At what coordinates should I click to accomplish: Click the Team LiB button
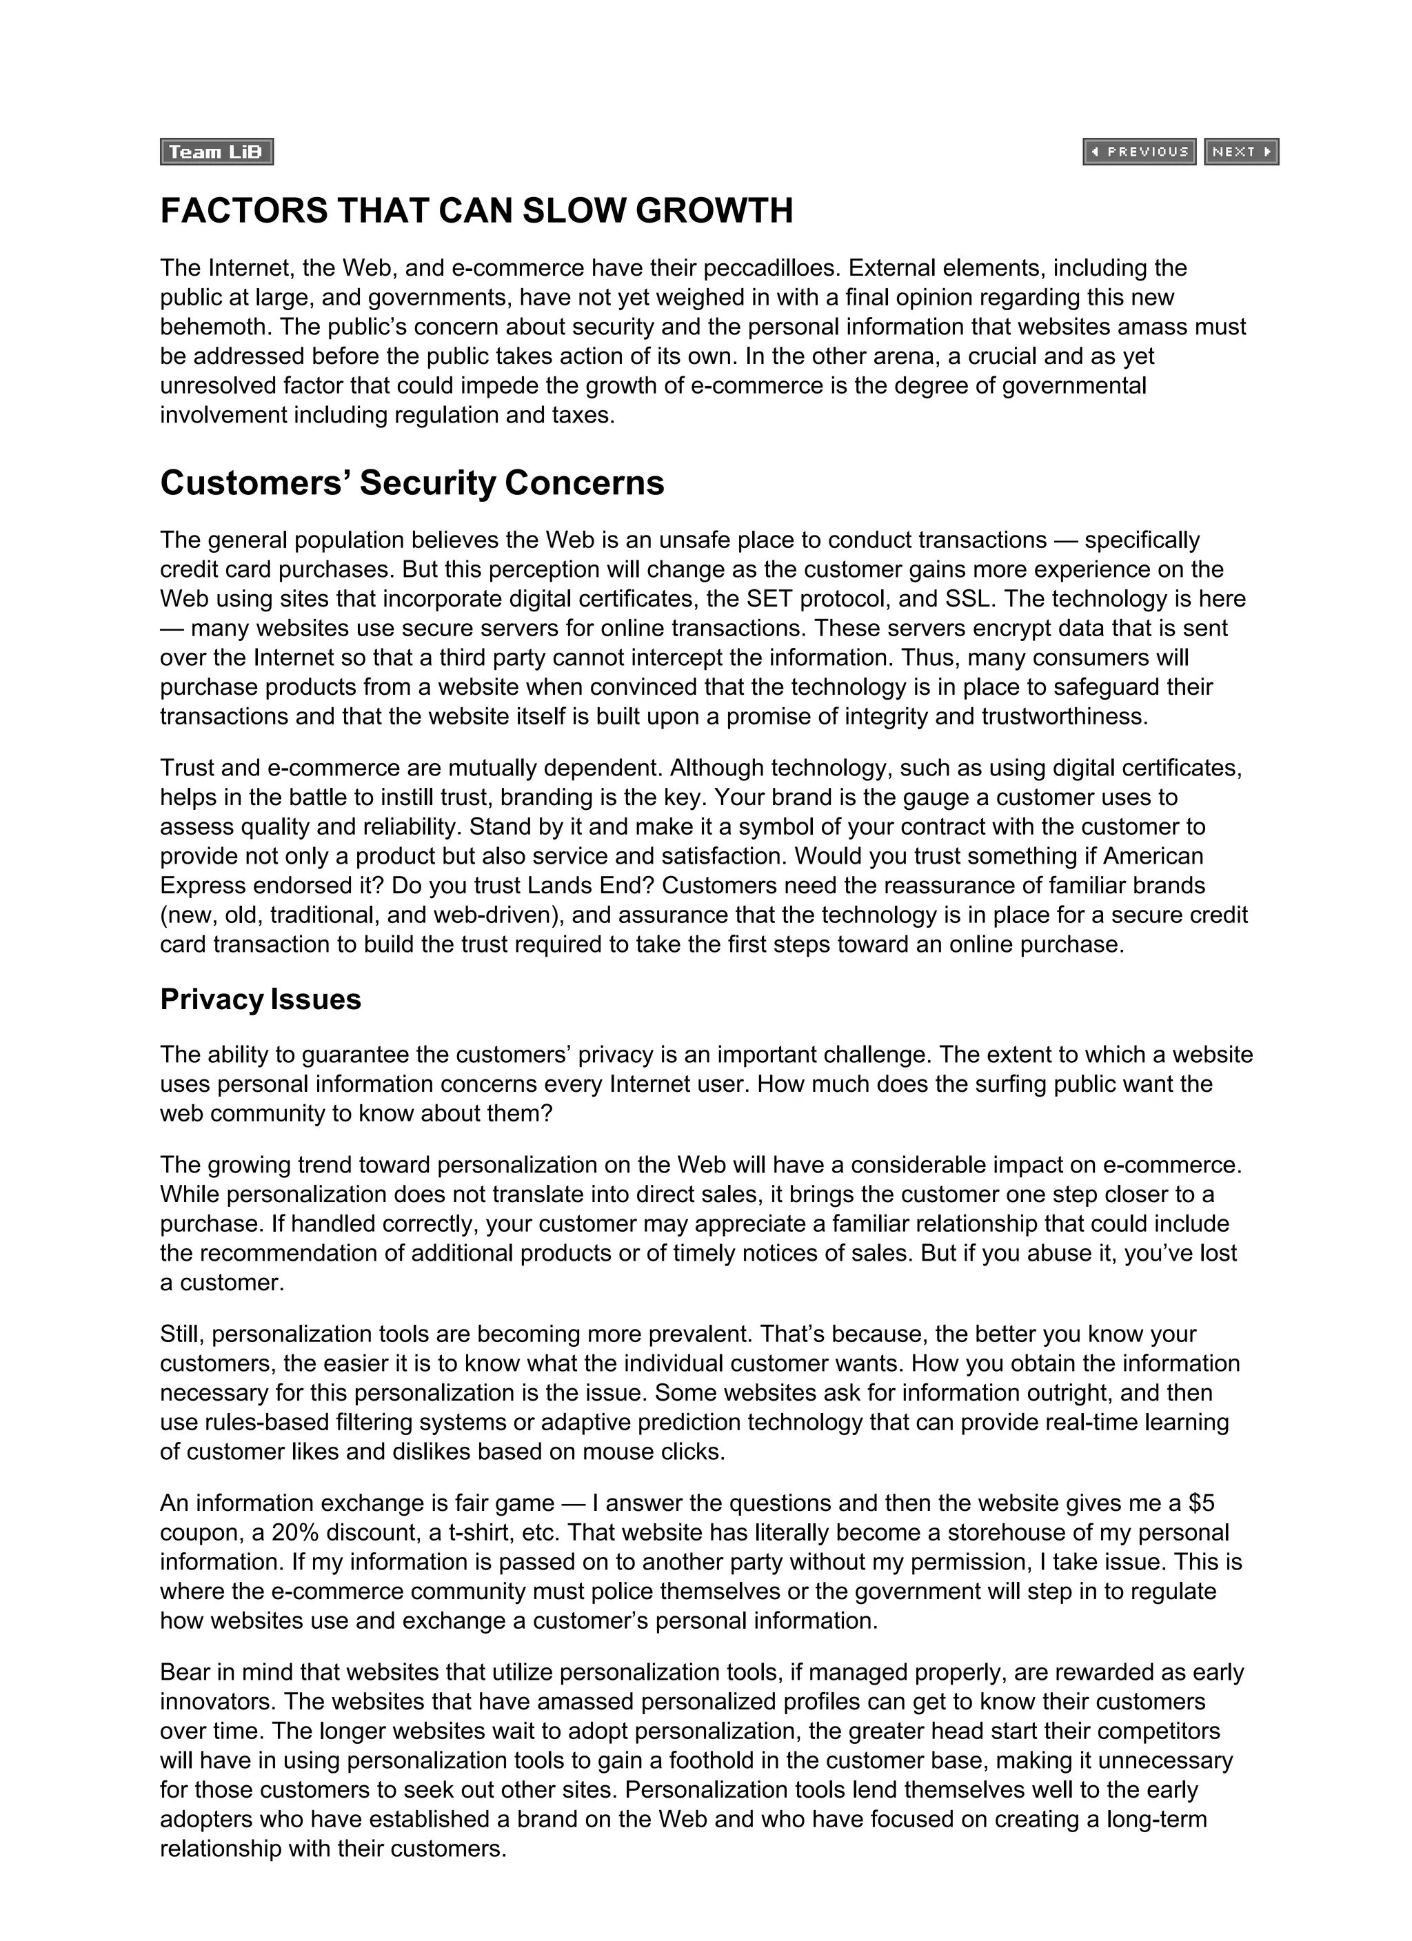(x=216, y=152)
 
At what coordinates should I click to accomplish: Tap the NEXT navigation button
(x=1241, y=152)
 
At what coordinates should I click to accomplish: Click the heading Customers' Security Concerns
(x=412, y=482)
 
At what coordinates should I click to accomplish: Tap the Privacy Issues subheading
(x=261, y=999)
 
